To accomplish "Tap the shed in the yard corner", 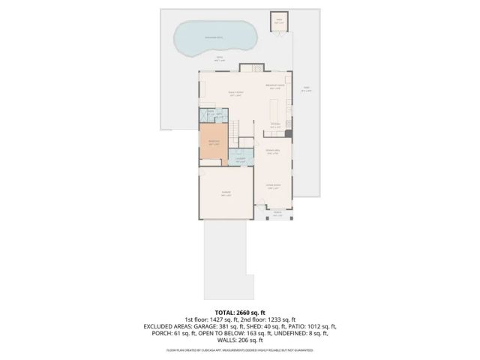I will coord(278,22).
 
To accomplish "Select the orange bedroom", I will coord(213,143).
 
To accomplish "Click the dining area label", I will coord(273,153).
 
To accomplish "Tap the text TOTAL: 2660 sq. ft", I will coord(239,311).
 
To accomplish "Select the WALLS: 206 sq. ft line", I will coord(240,340).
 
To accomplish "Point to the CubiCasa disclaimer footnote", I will coord(240,349).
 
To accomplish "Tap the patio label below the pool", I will coord(220,58).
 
